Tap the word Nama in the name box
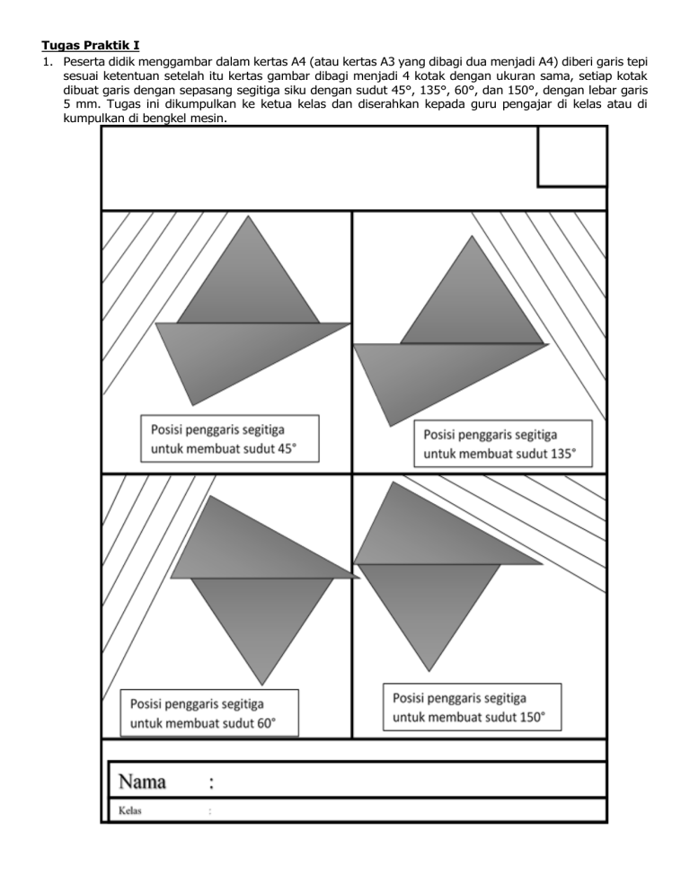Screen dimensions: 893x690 coord(143,781)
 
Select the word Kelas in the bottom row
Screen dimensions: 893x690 coord(130,811)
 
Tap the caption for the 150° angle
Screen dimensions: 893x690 coord(471,707)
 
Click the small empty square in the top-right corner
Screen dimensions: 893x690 coord(571,156)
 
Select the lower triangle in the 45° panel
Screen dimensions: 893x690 coord(234,355)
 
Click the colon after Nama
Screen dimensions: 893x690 coord(211,782)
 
